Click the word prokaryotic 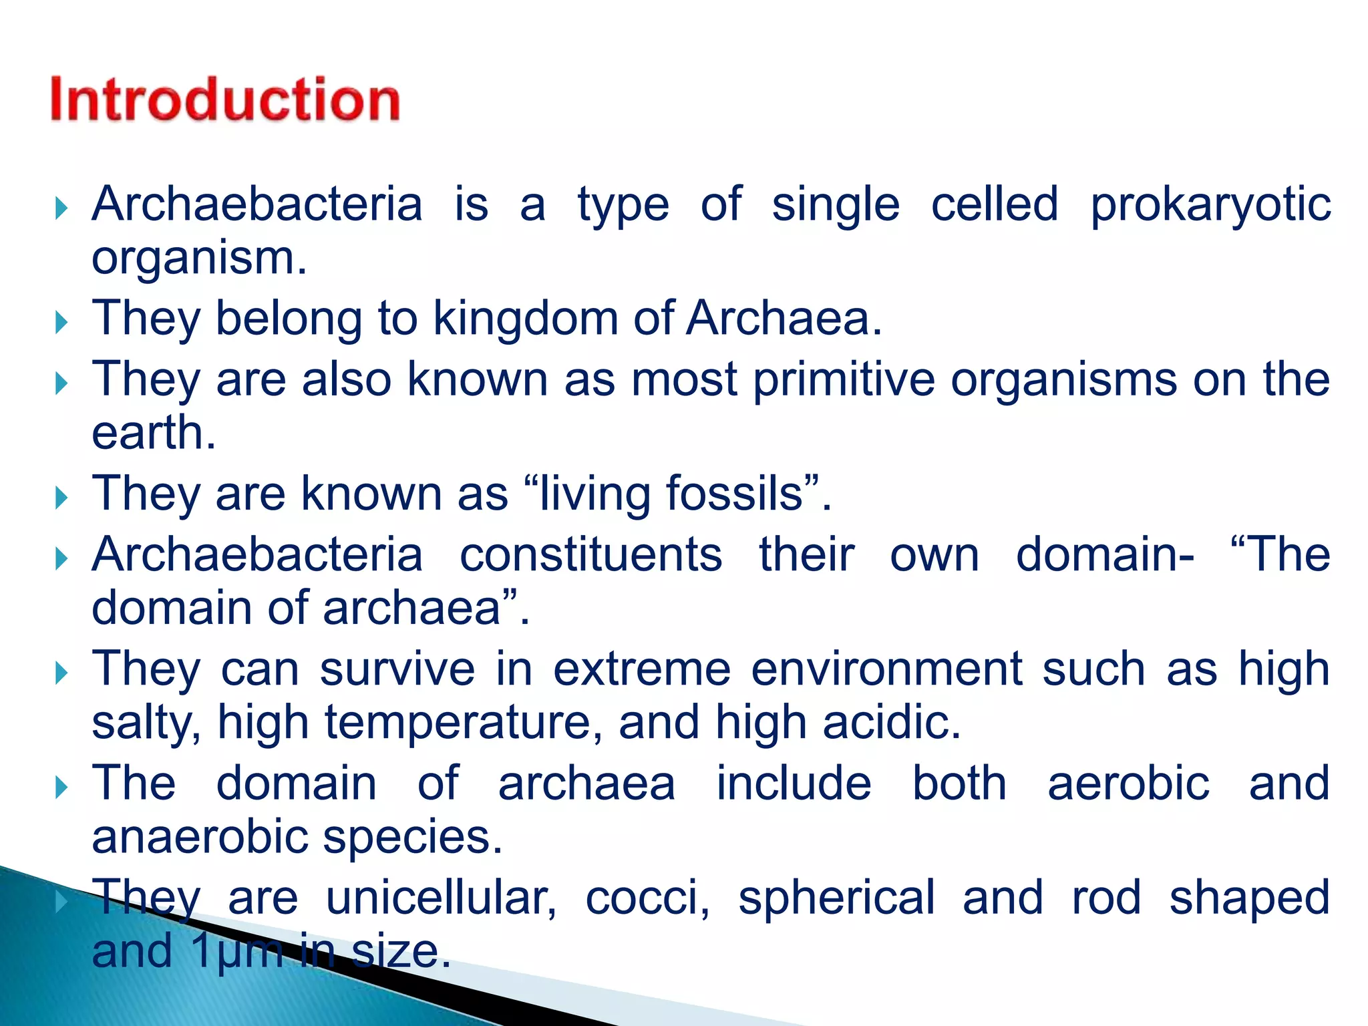(x=1210, y=204)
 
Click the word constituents (x=590, y=555)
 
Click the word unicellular (x=441, y=898)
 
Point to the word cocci (x=647, y=898)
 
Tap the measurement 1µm (x=237, y=951)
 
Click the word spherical (x=836, y=898)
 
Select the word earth (x=153, y=434)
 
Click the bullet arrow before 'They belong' (x=61, y=323)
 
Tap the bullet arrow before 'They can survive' (x=61, y=673)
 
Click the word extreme (x=641, y=669)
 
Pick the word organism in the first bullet (x=198, y=259)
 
